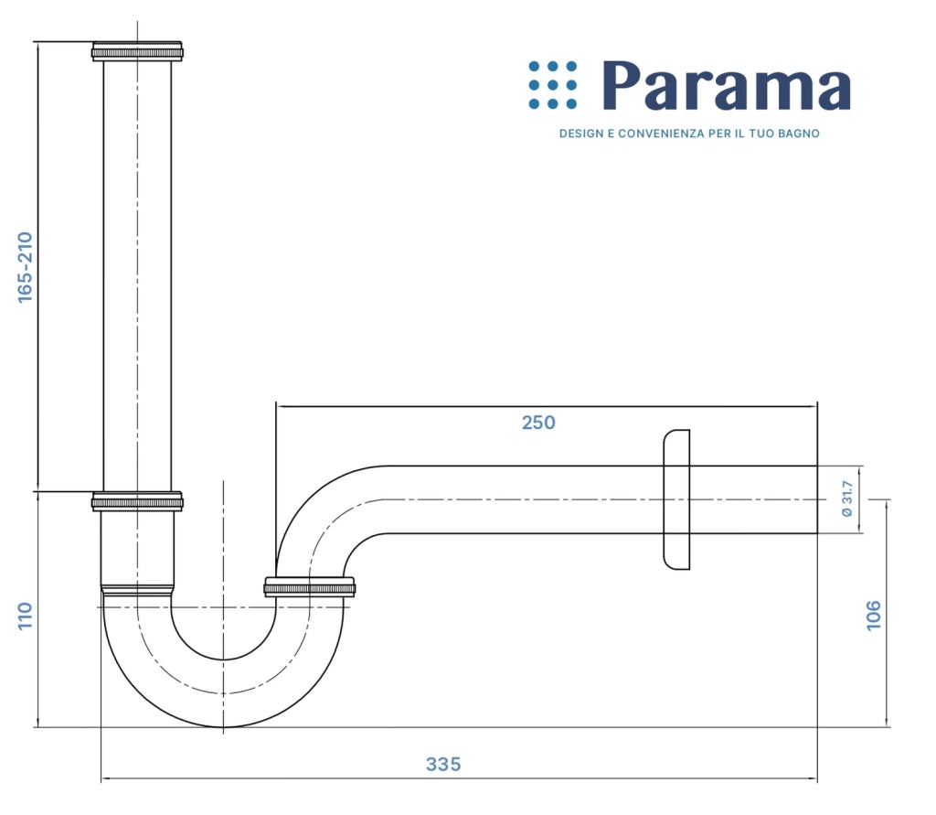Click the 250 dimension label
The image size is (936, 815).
pyautogui.click(x=538, y=423)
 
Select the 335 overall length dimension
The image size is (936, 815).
pyautogui.click(x=443, y=764)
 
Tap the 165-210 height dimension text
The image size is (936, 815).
pyautogui.click(x=25, y=267)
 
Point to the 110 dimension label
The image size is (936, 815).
pyautogui.click(x=25, y=616)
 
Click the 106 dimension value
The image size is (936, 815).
pyautogui.click(x=873, y=615)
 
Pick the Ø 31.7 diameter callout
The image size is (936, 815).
pyautogui.click(x=847, y=499)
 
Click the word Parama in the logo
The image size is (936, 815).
pyautogui.click(x=727, y=85)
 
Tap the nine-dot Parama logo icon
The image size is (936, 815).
pyautogui.click(x=553, y=85)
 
